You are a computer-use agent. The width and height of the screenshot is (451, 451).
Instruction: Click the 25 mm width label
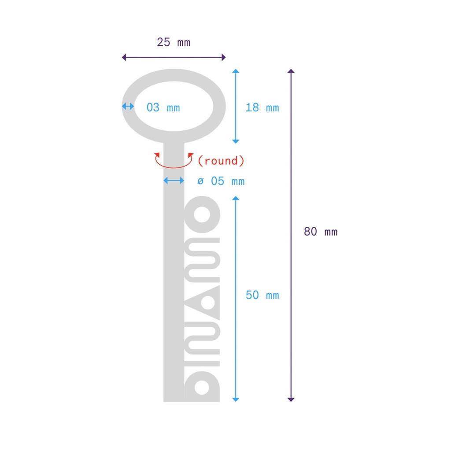coord(174,43)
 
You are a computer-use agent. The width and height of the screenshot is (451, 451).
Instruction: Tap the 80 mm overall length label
coord(321,232)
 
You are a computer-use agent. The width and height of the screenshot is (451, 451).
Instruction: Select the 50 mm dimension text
coord(262,295)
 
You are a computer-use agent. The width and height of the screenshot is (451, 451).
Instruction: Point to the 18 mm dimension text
coord(262,107)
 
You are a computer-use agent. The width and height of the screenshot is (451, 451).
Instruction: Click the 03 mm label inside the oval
coord(163,107)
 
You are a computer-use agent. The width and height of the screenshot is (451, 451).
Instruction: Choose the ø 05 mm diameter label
coord(221,181)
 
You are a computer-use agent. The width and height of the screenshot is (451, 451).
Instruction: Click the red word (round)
coord(221,161)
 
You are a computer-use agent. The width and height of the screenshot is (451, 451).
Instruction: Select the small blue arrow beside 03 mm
coord(128,106)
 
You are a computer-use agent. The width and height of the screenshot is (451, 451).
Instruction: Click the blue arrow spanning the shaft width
coord(174,181)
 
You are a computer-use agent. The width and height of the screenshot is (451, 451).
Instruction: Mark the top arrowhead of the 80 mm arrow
coord(291,71)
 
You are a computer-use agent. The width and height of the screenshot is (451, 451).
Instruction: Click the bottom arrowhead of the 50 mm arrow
coord(236,399)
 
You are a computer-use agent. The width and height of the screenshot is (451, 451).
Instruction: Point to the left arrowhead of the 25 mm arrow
coord(124,57)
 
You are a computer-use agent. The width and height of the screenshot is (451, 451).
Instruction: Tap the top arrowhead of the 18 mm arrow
coord(236,71)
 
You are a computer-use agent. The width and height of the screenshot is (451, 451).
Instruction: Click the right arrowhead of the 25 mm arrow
coord(224,57)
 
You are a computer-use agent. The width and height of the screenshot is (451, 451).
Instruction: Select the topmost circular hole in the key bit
coord(202,214)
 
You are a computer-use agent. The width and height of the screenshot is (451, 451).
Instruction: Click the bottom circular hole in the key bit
coord(202,388)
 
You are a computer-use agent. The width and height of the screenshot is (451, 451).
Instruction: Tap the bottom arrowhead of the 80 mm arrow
coord(291,399)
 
